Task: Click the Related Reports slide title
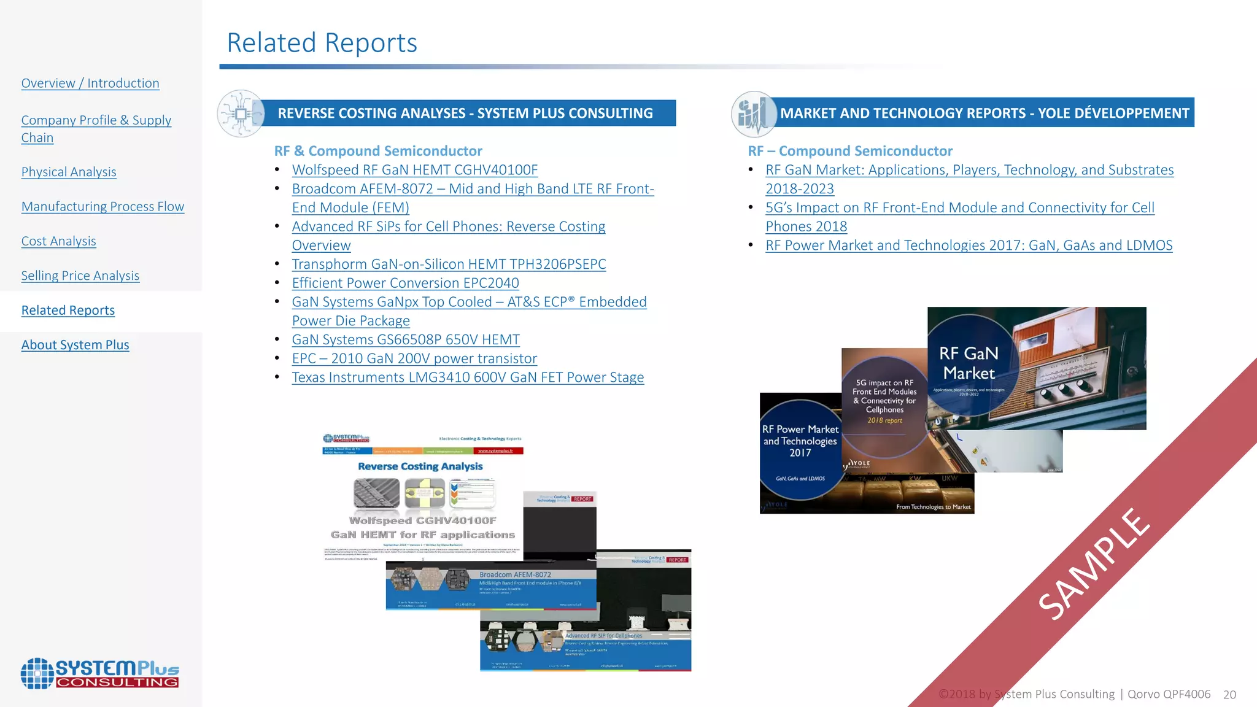tap(322, 43)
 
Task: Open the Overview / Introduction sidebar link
tap(90, 83)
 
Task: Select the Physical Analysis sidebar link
tap(69, 172)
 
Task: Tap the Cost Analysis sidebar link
tap(58, 241)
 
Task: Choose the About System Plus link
tap(75, 345)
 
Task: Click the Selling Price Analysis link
tap(80, 276)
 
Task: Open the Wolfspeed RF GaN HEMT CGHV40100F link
tap(415, 170)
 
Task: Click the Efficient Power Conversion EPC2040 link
tap(405, 283)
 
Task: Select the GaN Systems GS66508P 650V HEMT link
tap(406, 339)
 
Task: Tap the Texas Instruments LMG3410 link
tap(468, 377)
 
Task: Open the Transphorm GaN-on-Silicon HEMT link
tap(449, 264)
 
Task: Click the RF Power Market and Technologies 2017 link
tap(969, 245)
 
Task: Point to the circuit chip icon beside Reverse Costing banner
tap(241, 114)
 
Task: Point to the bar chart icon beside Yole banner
tap(753, 114)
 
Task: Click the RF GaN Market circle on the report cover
tap(969, 363)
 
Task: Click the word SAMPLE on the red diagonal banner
tap(1094, 563)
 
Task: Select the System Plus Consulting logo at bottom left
tap(100, 673)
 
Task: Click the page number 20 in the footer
tap(1229, 695)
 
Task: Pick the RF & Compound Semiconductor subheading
tap(378, 151)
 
